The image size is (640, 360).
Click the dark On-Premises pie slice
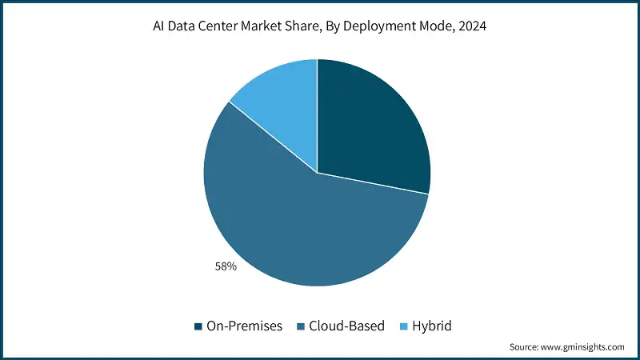pyautogui.click(x=372, y=128)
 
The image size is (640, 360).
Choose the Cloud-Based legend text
pyautogui.click(x=346, y=326)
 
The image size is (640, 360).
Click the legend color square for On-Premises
pyautogui.click(x=198, y=326)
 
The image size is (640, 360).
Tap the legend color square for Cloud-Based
pyautogui.click(x=301, y=326)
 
